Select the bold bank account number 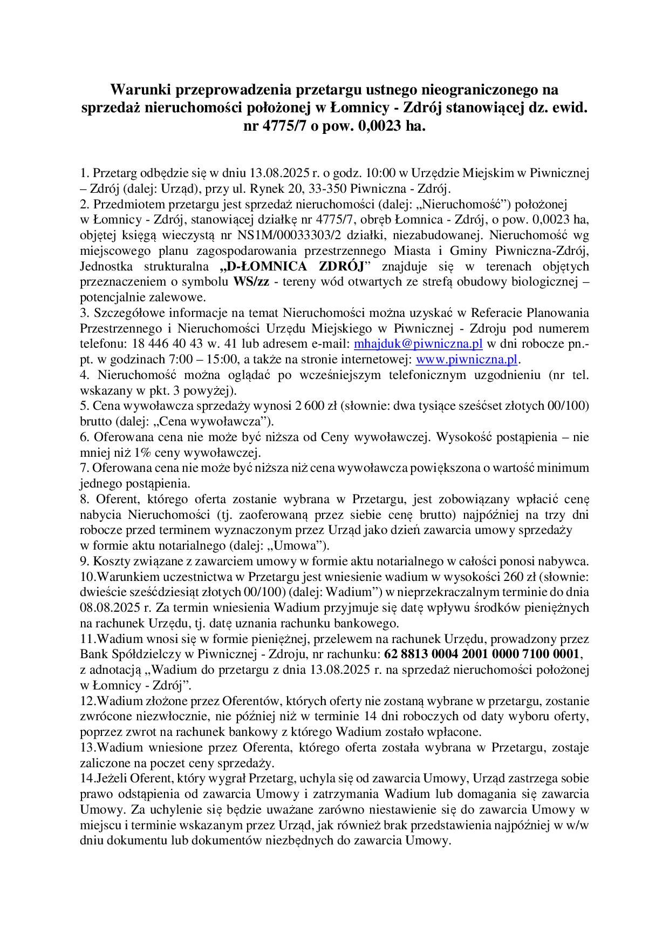pos(482,654)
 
